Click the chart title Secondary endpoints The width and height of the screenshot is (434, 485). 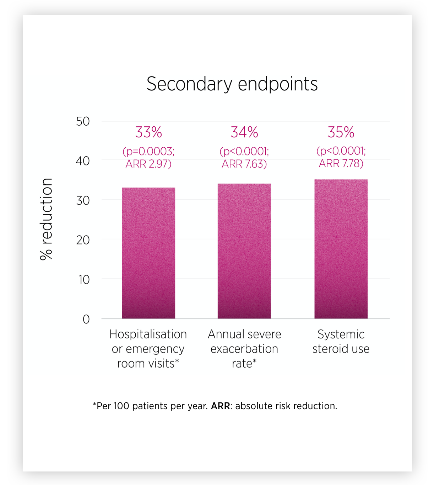point(232,84)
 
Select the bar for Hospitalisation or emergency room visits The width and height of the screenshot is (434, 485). point(148,253)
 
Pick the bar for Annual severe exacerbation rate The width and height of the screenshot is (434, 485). point(244,251)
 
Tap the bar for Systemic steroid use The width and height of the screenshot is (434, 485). point(341,249)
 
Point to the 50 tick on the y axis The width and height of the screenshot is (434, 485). point(83,121)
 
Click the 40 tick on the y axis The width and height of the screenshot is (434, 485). point(83,161)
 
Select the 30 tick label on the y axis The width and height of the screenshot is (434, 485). point(83,200)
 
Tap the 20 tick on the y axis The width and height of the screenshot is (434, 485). point(83,240)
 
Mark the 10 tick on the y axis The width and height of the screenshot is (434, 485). point(84,280)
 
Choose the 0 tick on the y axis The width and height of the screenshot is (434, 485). point(86,319)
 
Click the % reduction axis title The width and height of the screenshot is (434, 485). point(46,219)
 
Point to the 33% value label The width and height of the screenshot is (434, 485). point(148,132)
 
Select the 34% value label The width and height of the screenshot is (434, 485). point(244,132)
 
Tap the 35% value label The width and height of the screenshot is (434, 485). point(341,132)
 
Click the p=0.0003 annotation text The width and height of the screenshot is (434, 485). point(148,151)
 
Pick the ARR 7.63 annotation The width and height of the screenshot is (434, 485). point(244,164)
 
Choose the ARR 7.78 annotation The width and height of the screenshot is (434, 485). point(341,163)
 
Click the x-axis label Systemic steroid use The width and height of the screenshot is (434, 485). point(341,342)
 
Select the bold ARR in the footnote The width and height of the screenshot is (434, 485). point(220,406)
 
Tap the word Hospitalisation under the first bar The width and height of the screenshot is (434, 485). point(148,334)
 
